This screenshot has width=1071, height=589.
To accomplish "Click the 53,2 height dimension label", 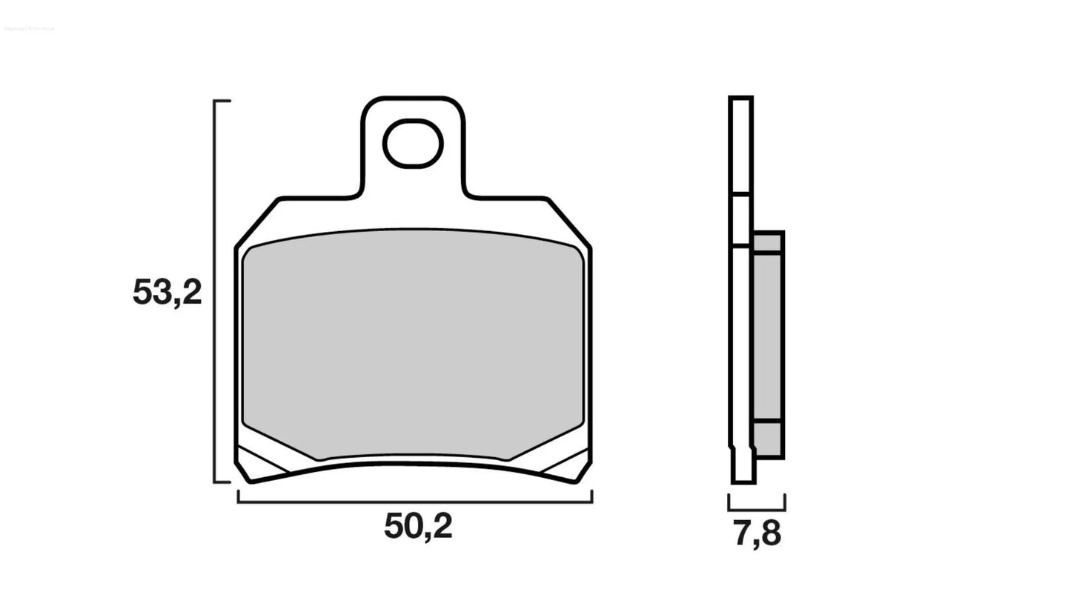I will [167, 293].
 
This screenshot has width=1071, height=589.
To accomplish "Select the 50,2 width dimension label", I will [417, 527].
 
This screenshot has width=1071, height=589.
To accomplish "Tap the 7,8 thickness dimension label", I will [757, 533].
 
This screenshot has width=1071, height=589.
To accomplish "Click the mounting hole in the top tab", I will [413, 143].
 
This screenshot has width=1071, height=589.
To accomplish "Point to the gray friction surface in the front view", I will [413, 345].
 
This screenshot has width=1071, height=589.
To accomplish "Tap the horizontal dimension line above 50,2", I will [415, 502].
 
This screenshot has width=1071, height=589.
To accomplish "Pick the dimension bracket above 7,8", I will [757, 508].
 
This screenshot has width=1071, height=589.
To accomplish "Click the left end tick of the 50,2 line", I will [238, 496].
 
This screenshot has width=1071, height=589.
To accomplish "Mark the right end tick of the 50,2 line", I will [591, 496].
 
